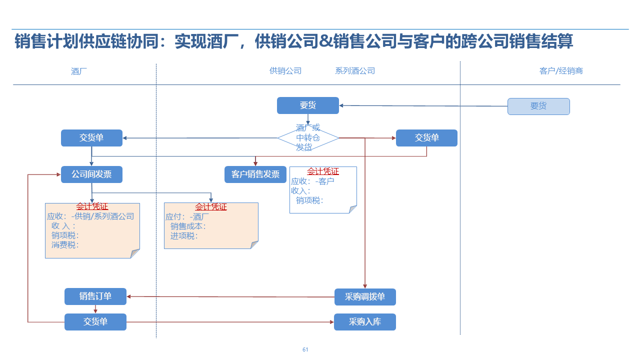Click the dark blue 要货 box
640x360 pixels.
pos(308,105)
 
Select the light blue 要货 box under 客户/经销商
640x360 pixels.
pos(538,106)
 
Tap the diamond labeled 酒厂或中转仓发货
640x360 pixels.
pos(308,137)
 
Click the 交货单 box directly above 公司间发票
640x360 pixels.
pos(91,138)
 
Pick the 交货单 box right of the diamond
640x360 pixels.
pos(426,138)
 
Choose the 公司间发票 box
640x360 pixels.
pos(91,174)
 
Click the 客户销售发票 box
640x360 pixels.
pos(255,174)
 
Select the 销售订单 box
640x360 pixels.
pos(95,296)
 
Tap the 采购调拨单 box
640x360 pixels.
pos(365,297)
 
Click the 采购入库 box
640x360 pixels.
pos(365,322)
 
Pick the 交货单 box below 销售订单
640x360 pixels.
pos(95,322)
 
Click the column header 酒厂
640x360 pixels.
pos(79,71)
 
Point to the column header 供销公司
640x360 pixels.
pos(285,71)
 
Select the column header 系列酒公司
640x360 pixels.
pos(355,71)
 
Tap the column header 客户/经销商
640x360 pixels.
pos(561,71)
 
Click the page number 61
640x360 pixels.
pos(305,349)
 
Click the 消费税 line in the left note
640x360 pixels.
pos(65,245)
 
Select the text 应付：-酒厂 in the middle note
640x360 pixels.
pos(188,217)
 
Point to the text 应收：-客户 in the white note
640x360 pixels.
pos(312,181)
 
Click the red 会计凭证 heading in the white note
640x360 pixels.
pos(323,171)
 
